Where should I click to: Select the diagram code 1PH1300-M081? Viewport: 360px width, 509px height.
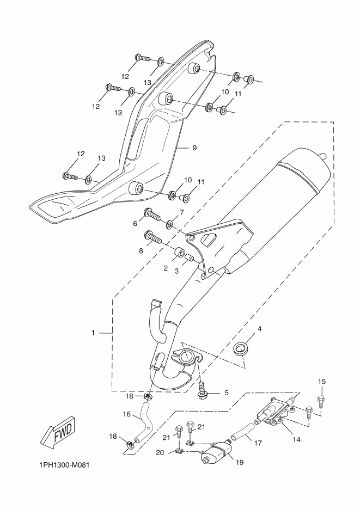[64, 465]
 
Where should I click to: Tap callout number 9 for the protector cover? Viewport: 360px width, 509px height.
[194, 148]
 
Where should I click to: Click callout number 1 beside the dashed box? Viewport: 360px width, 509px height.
[93, 333]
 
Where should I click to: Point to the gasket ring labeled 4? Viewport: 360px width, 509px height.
[241, 349]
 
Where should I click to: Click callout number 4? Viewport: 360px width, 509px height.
[259, 329]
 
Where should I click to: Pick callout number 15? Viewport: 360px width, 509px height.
[321, 382]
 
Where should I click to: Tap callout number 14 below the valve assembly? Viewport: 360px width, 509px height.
[296, 439]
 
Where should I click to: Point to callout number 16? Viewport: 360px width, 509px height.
[126, 414]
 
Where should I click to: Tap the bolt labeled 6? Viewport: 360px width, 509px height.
[152, 216]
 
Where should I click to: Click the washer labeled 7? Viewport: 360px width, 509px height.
[170, 224]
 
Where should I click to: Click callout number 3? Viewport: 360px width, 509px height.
[176, 271]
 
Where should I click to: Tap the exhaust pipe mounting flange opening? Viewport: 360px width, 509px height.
[185, 355]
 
